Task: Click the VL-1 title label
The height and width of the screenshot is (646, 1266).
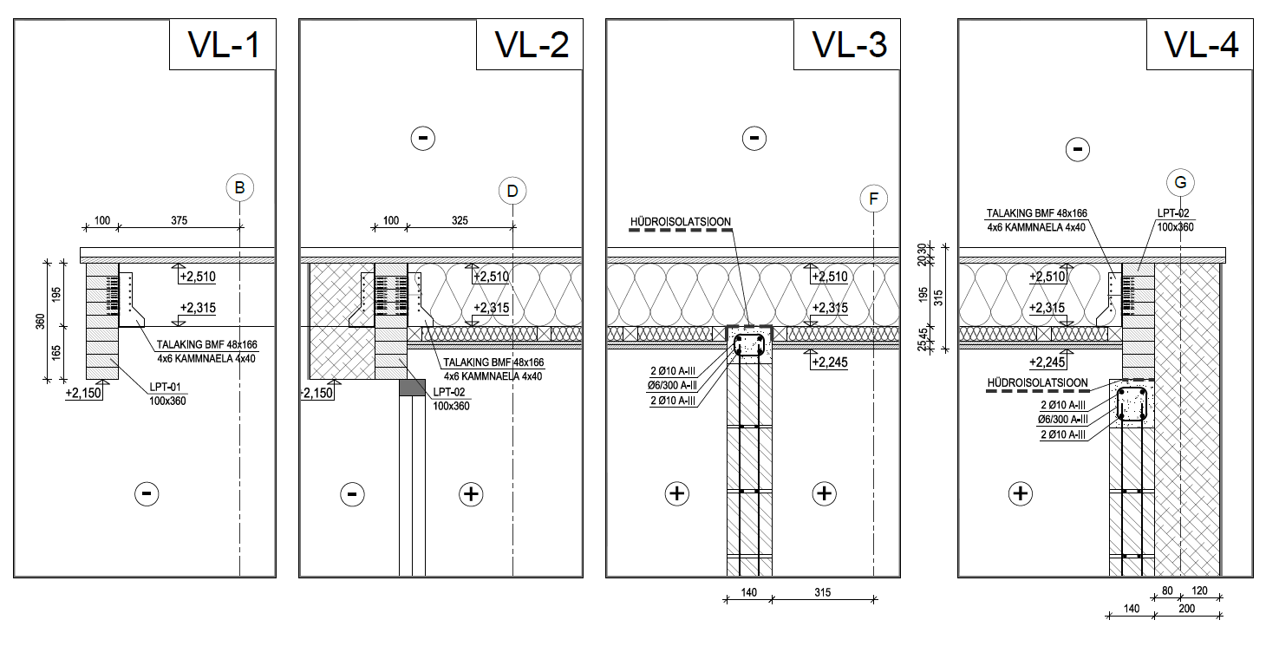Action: [x=224, y=44]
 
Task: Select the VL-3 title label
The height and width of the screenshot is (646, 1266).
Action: [x=850, y=44]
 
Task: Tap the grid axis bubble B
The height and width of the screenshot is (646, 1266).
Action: [x=239, y=187]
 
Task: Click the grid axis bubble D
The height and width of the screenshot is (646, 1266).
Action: [x=512, y=191]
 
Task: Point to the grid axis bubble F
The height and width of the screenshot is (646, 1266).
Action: [x=874, y=199]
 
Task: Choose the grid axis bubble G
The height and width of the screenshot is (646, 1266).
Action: [x=1181, y=183]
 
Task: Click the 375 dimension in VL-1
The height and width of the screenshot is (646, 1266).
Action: [x=179, y=220]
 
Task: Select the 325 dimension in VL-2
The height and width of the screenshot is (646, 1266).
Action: [x=460, y=220]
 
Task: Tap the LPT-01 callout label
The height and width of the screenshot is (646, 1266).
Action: [x=165, y=387]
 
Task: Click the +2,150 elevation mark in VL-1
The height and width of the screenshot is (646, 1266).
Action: [x=83, y=393]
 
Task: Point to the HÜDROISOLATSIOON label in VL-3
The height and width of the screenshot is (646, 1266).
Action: [x=681, y=222]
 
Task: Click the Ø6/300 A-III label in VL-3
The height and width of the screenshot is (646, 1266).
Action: [x=673, y=386]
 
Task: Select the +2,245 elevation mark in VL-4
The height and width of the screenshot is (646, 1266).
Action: [x=1047, y=362]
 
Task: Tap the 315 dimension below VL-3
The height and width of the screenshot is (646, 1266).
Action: [x=822, y=592]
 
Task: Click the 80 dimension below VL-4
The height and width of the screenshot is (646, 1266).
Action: [x=1167, y=591]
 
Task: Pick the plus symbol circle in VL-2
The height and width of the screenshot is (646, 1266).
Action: [x=471, y=494]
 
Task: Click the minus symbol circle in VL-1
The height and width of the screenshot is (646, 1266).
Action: [x=147, y=494]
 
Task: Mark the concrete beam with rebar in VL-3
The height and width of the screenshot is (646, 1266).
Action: [x=749, y=344]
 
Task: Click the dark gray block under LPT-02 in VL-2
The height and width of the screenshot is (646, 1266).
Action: [x=413, y=388]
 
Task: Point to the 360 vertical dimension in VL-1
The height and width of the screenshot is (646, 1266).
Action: [x=41, y=322]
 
